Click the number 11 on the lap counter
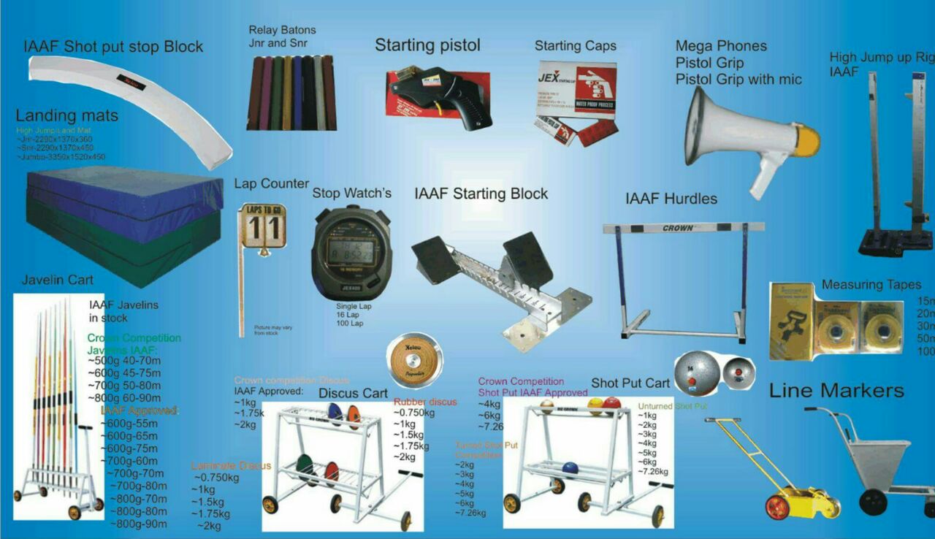click(263, 228)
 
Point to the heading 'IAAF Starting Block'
click(481, 194)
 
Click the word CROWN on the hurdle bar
click(678, 229)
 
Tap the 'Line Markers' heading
click(836, 390)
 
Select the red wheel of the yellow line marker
click(777, 507)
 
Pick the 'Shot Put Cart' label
click(630, 383)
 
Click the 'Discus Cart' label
click(353, 393)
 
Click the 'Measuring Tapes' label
click(871, 285)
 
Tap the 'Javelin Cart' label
click(58, 279)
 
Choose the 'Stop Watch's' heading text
click(351, 194)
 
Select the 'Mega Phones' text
click(720, 46)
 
